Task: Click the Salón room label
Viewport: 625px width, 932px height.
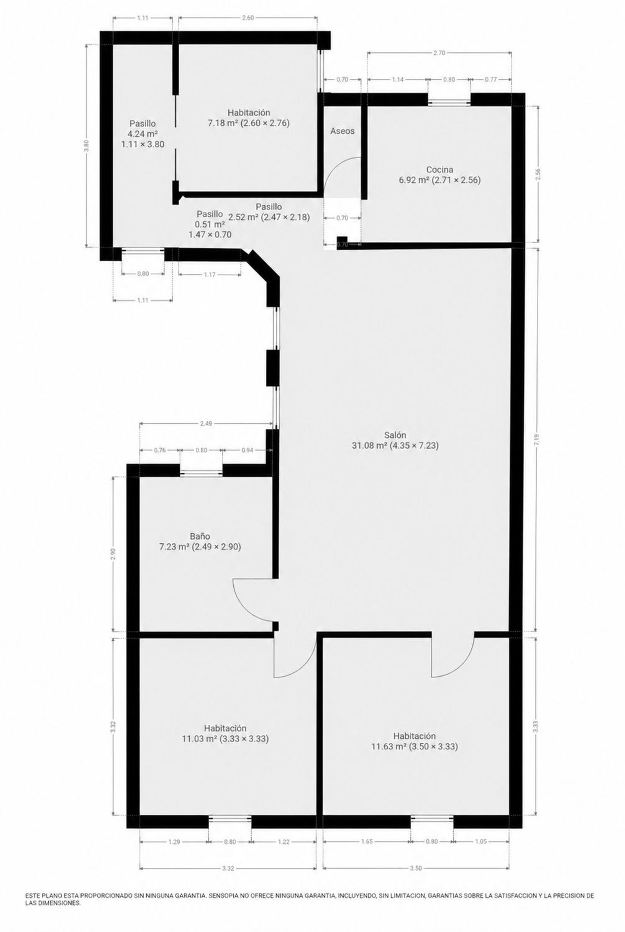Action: click(395, 440)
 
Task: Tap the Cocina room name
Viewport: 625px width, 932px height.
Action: click(440, 175)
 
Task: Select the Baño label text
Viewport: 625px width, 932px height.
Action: click(200, 541)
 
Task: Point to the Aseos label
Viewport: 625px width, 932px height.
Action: click(342, 131)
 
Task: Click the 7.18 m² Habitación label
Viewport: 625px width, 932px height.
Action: click(249, 118)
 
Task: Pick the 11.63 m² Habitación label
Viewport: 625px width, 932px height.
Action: click(415, 741)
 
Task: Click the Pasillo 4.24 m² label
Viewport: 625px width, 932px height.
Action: click(142, 134)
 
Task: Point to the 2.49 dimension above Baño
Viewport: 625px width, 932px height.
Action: click(206, 423)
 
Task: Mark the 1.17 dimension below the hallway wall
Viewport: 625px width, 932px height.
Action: click(210, 274)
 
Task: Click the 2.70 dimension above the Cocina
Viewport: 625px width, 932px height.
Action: click(440, 52)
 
